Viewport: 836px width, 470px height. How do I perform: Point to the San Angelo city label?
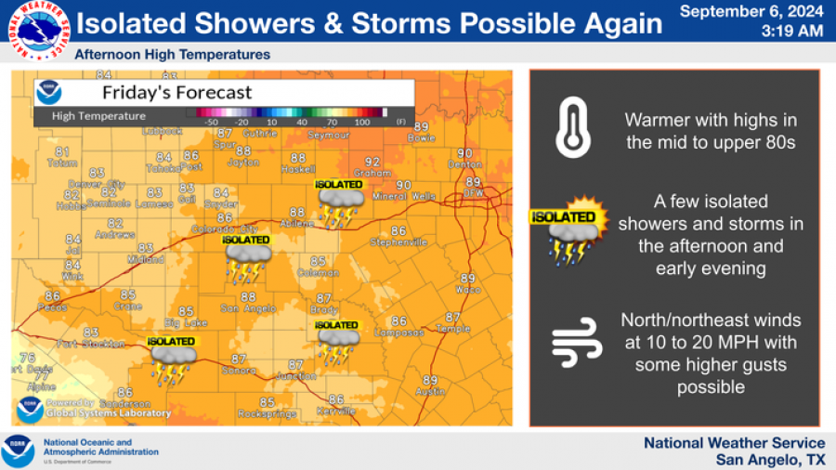245,308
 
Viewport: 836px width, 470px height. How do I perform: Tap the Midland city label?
146,259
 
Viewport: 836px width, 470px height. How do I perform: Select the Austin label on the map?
429,392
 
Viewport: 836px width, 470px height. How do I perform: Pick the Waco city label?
467,290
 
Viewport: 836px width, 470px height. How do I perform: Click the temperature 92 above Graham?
372,162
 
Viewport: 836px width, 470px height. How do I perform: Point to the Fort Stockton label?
91,344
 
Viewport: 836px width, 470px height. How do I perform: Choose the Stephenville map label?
398,242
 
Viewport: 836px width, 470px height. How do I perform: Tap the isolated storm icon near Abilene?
339,203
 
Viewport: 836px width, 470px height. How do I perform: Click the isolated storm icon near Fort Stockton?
173,361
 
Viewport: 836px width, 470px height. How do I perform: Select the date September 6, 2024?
751,12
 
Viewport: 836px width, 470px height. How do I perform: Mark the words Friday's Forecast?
176,92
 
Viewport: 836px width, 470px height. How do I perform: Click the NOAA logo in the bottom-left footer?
17,450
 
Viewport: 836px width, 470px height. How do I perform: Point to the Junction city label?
296,376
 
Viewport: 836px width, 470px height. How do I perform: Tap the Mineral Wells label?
403,197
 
